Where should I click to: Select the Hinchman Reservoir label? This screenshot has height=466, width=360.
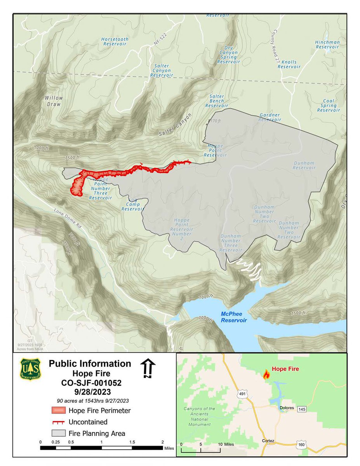coord(327,45)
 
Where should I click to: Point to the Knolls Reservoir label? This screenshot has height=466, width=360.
coord(289,64)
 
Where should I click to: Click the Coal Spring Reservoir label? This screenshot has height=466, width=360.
coord(328,106)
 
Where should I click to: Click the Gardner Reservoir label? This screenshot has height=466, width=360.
coord(270,118)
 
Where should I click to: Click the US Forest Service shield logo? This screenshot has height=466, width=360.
coord(31,369)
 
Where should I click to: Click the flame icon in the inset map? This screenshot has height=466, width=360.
coord(266,374)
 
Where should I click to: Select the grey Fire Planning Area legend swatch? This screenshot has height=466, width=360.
coord(58,433)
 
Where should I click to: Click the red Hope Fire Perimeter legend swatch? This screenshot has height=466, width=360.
coord(58,410)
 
